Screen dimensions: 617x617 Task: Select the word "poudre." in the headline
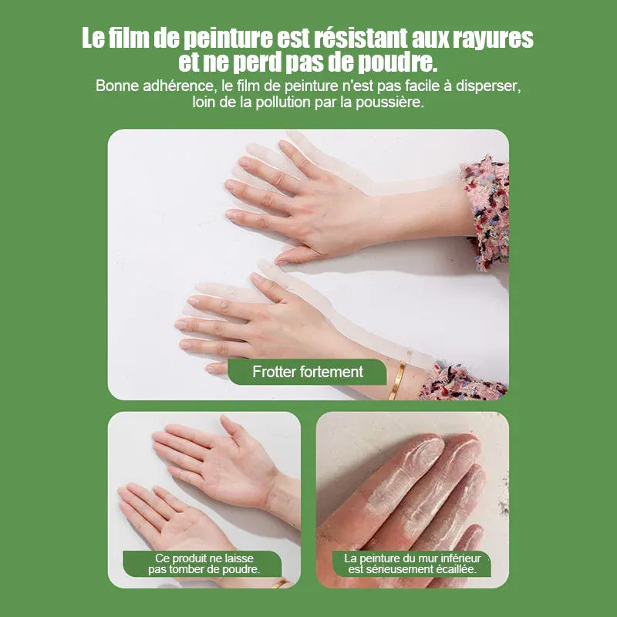coord(397,63)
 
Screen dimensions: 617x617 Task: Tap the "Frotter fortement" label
coord(307,372)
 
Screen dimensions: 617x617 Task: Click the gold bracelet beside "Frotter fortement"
coord(400,376)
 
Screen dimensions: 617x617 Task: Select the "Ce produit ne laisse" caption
coord(204,558)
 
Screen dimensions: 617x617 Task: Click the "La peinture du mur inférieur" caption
coord(413,558)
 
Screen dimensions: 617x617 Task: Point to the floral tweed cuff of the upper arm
coord(487,213)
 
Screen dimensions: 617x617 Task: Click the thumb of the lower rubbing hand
coord(216,369)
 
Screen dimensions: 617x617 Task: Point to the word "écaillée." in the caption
coord(457,569)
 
